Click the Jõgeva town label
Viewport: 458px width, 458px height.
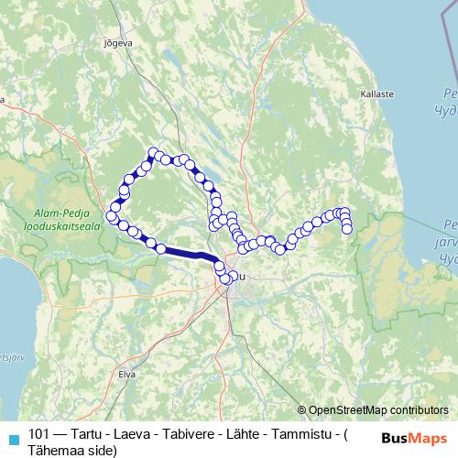point(119,42)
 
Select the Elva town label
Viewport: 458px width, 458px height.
point(126,374)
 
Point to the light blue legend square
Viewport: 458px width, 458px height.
point(12,438)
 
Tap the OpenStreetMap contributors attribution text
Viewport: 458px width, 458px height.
point(378,410)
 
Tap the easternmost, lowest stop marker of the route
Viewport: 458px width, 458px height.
point(348,228)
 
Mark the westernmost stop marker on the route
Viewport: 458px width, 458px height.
point(112,216)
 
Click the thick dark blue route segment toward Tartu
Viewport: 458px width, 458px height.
point(188,255)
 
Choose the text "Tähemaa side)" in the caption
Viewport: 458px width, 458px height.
point(72,450)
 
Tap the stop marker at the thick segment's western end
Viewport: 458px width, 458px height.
point(161,248)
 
